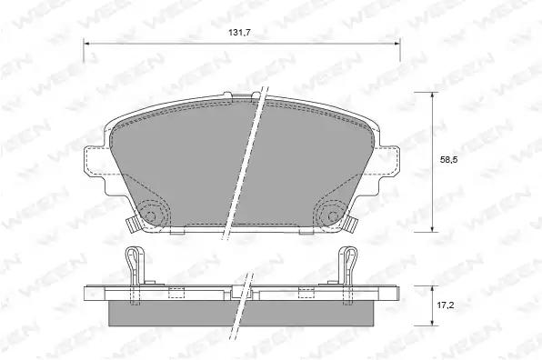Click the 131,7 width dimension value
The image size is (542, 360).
tap(239, 33)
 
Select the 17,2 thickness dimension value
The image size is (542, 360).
tap(446, 305)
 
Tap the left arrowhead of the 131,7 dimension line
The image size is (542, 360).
tap(86, 44)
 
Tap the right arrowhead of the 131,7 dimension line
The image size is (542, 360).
tap(396, 44)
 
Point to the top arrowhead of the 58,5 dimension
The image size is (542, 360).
tap(432, 95)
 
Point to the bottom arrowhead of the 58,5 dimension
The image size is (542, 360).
tap(432, 228)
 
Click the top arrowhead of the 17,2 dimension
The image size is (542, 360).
tap(432, 289)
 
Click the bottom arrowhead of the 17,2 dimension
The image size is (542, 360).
tap(432, 322)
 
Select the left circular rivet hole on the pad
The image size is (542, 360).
tap(150, 215)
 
